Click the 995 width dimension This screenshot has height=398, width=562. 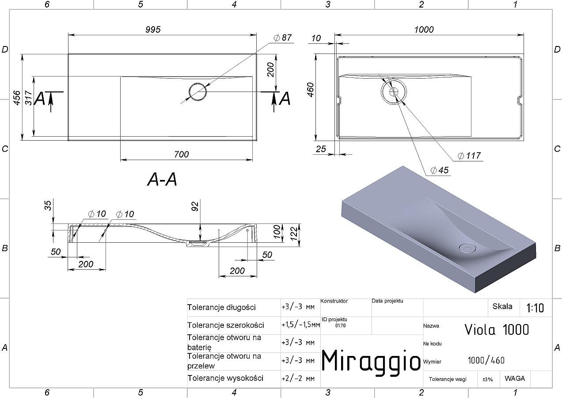(153, 30)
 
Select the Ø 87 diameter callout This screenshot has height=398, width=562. (282, 38)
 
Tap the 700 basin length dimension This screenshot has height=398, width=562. (182, 154)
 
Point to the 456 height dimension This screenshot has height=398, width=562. (16, 98)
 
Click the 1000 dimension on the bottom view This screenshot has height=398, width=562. (424, 30)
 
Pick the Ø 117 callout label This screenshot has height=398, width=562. (469, 156)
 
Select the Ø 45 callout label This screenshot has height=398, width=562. (439, 170)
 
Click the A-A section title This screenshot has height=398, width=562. (162, 180)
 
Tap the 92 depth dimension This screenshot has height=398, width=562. (195, 207)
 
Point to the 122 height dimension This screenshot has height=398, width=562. (294, 233)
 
